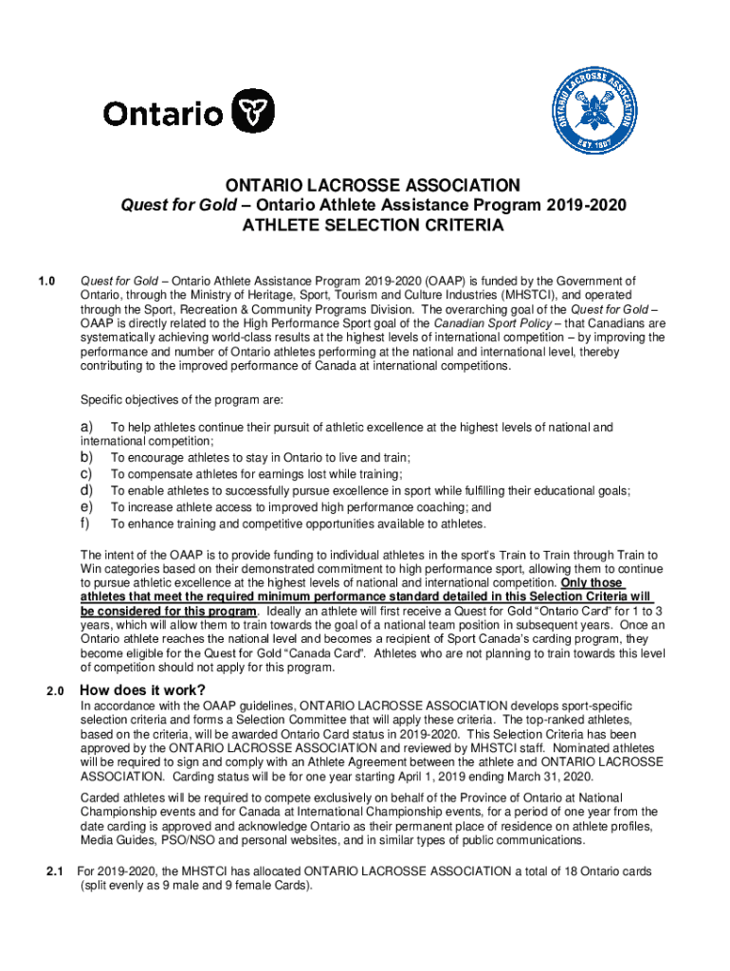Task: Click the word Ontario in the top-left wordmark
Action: (x=163, y=115)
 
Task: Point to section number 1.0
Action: (x=46, y=281)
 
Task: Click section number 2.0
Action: (x=55, y=690)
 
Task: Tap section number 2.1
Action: (x=55, y=871)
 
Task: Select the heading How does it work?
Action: (x=142, y=689)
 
